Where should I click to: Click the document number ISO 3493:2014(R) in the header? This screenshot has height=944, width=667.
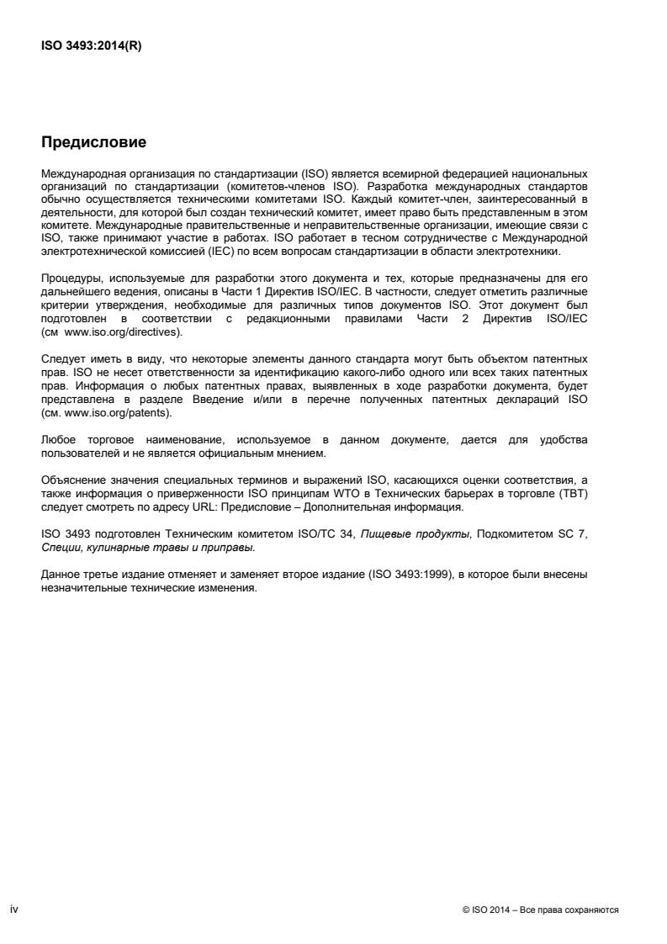pos(91,46)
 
